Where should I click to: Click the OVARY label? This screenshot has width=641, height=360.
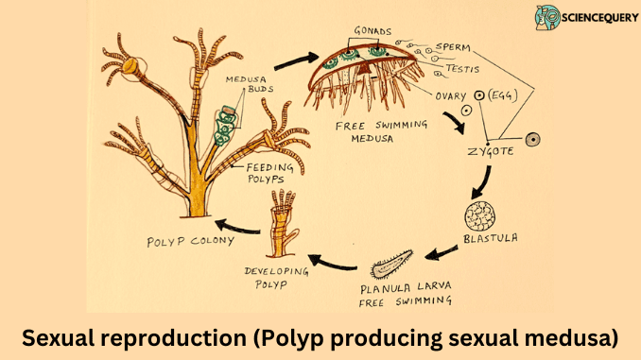(x=448, y=95)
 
